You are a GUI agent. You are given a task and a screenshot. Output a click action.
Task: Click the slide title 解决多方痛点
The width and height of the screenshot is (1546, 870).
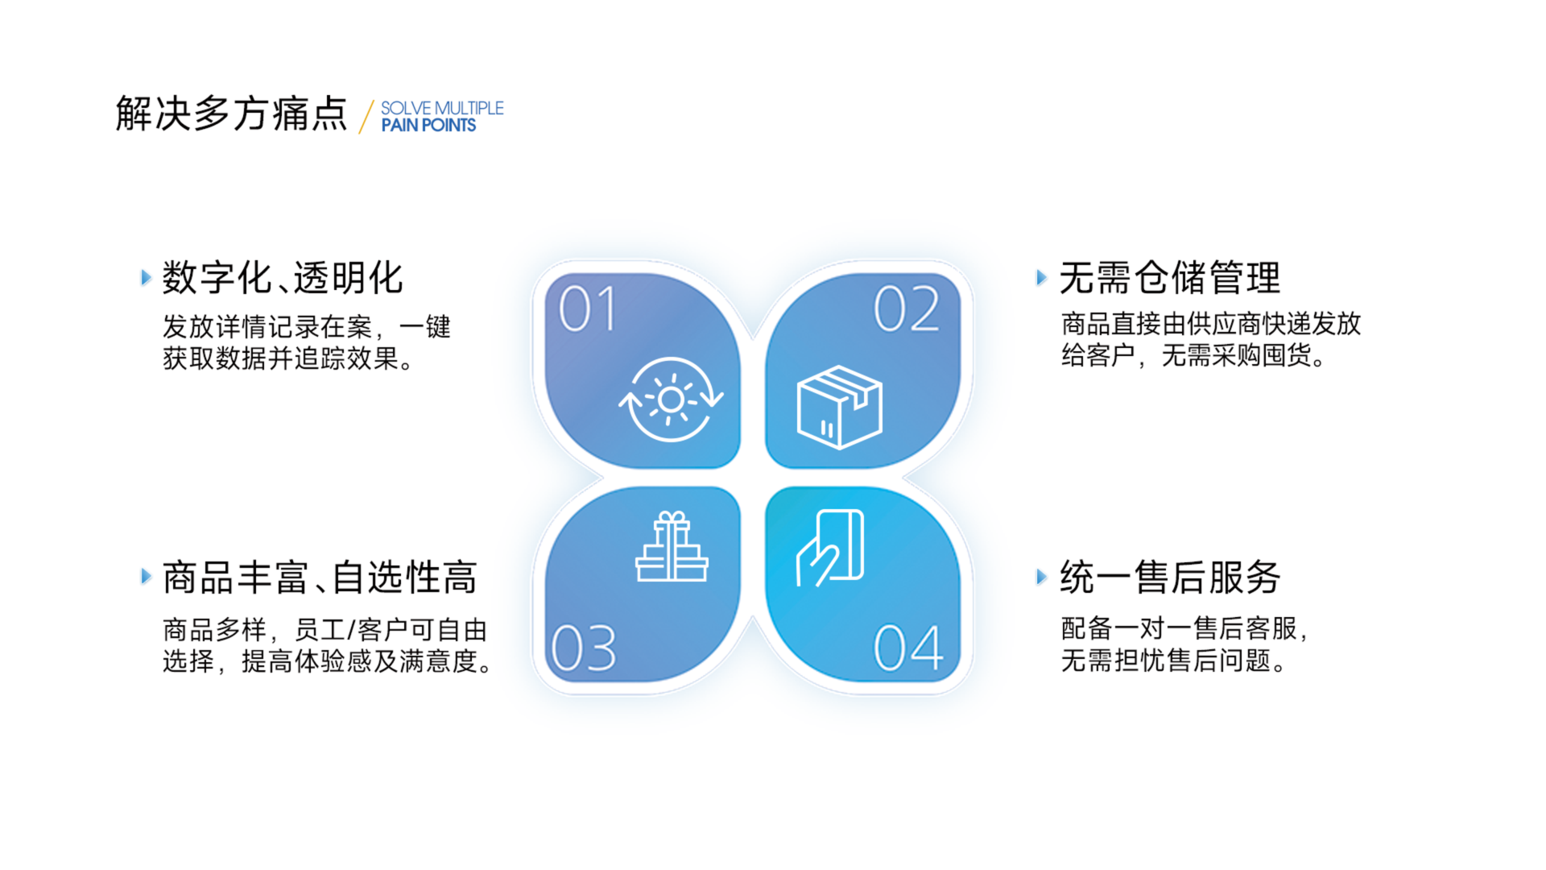click(x=231, y=113)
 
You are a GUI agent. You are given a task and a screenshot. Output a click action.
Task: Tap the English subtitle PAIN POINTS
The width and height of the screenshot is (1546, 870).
click(x=428, y=126)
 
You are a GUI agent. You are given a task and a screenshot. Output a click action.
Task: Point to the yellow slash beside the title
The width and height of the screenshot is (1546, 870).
click(x=366, y=116)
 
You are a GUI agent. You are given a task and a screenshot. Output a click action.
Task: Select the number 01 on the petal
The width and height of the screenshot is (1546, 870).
click(x=588, y=309)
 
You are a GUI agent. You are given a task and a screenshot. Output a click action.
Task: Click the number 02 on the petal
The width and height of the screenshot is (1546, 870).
click(x=907, y=309)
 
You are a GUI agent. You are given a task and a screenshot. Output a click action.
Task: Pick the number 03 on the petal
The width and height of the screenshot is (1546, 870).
click(x=584, y=648)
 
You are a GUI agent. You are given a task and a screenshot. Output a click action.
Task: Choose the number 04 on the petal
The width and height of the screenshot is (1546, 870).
click(x=908, y=647)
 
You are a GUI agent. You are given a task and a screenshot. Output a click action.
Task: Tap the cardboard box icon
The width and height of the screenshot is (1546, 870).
click(x=839, y=407)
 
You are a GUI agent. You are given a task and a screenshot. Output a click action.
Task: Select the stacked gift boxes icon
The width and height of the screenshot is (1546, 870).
click(x=672, y=546)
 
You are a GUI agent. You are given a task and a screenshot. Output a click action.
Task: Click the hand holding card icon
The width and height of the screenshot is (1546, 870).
click(x=829, y=548)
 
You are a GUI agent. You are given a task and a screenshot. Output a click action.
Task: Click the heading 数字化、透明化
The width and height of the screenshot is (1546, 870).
click(x=283, y=278)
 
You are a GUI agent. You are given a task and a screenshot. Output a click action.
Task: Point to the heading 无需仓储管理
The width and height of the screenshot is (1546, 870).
click(x=1170, y=278)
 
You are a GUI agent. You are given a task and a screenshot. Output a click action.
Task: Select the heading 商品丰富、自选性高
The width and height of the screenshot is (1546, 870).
click(x=320, y=578)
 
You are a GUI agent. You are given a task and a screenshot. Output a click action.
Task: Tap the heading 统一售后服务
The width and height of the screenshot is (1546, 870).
click(x=1170, y=578)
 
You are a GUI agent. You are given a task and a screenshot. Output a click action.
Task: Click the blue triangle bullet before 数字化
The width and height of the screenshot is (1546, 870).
click(x=146, y=278)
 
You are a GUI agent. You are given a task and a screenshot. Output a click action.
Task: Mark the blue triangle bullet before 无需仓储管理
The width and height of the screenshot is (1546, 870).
click(x=1041, y=278)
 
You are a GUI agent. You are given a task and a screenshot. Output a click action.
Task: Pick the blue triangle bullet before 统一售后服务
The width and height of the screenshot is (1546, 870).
click(x=1041, y=577)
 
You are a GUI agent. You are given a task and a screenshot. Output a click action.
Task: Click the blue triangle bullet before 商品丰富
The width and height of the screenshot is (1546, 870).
click(x=146, y=577)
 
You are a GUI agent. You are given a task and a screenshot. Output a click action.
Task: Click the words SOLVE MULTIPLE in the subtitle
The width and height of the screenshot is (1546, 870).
click(x=442, y=108)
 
